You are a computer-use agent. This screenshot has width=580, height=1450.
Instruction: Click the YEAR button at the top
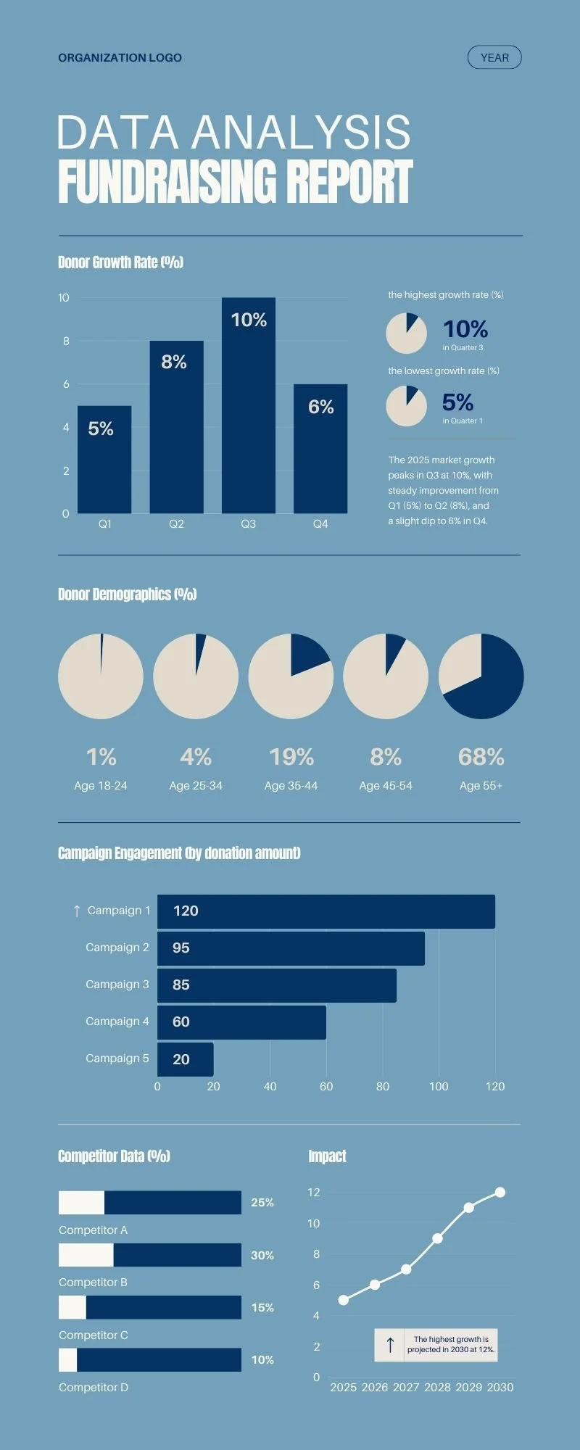click(x=494, y=57)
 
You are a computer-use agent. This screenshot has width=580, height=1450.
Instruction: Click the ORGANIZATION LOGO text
click(x=120, y=57)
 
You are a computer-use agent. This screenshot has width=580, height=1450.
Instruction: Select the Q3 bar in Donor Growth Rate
click(x=249, y=406)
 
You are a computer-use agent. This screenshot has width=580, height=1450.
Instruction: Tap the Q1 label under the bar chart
click(x=105, y=523)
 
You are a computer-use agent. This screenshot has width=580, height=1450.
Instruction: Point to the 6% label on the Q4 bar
click(x=320, y=407)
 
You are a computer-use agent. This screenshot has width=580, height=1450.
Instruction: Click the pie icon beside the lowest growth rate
click(x=406, y=406)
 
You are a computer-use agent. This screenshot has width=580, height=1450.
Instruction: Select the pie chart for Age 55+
click(x=481, y=676)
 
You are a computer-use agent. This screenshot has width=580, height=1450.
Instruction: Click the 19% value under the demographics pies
click(x=291, y=757)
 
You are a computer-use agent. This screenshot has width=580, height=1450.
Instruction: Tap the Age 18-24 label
click(x=101, y=786)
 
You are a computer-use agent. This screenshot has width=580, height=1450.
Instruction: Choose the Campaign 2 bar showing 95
click(x=290, y=948)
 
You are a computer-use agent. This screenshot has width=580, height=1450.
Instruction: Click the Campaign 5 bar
click(x=186, y=1059)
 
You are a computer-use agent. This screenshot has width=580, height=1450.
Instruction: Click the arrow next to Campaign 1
click(x=77, y=911)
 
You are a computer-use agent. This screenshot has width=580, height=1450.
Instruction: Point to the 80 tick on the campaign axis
click(x=383, y=1086)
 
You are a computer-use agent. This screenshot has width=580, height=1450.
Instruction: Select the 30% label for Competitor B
click(x=262, y=1255)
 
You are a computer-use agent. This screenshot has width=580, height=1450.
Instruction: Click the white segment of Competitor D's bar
click(x=67, y=1360)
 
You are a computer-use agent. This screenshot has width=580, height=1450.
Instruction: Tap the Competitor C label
click(x=94, y=1335)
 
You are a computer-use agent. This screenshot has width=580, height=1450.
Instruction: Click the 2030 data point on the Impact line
click(x=500, y=1192)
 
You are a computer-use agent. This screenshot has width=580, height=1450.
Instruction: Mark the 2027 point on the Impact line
click(x=406, y=1269)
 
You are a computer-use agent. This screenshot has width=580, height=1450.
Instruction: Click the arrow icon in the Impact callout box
click(x=390, y=1345)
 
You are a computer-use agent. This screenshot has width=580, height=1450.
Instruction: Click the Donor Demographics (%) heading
click(x=128, y=594)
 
